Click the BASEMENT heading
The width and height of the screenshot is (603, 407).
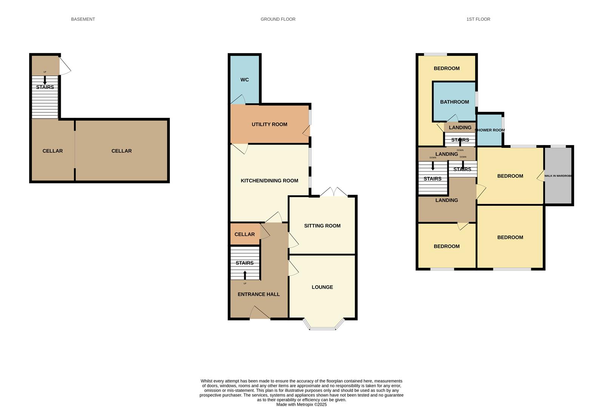tap(83, 19)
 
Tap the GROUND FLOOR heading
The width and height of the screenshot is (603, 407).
tap(278, 19)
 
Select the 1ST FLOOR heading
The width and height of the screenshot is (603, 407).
tap(478, 19)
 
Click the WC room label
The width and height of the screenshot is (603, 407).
tap(244, 80)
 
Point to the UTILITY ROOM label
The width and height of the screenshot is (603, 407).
tap(269, 124)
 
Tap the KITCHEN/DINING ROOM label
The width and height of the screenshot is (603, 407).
tap(269, 181)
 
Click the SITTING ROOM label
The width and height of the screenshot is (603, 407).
tap(322, 226)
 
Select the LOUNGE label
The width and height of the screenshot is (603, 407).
tap(322, 287)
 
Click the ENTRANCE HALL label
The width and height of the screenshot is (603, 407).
tap(258, 294)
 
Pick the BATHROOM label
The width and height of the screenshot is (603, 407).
tap(454, 102)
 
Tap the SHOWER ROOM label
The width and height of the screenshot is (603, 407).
tap(490, 130)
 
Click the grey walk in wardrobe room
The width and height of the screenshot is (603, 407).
tap(558, 176)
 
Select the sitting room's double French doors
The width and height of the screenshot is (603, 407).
tap(334, 192)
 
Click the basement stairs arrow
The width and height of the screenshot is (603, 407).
tap(45, 80)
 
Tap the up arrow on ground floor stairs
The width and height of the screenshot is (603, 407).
tap(245, 275)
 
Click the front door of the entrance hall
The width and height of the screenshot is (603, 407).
tap(260, 313)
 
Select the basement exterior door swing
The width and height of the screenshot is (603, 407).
tap(65, 66)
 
